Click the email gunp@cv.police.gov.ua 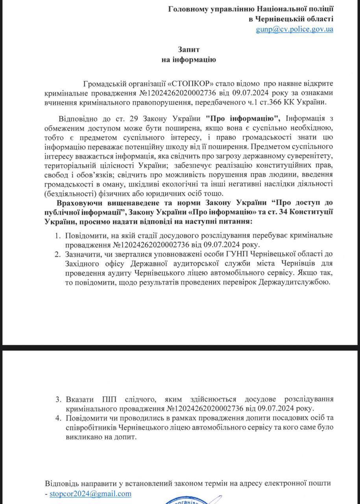(294, 29)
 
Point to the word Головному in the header (188, 8)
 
